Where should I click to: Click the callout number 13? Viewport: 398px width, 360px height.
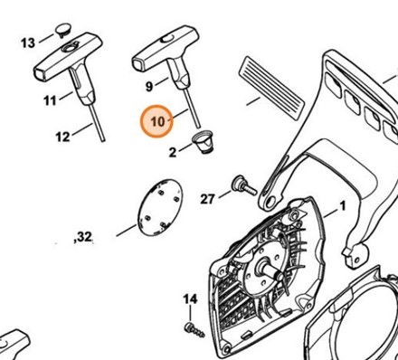pos(28,43)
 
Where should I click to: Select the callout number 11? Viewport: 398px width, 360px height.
pos(50,100)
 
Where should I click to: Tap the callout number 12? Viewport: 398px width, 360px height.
pos(62,137)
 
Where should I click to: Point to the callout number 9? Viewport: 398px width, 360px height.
pos(149,87)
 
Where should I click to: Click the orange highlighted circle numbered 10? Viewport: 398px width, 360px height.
pos(157,121)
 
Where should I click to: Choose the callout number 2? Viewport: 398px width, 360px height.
pos(172,152)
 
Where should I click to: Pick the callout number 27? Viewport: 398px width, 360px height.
pos(207,199)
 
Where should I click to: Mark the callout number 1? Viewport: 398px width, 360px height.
pos(342,206)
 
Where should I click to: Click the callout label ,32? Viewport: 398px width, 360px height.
pos(83,237)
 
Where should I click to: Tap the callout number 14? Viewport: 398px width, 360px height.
pos(190,299)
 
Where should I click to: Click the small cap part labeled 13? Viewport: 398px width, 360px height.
pos(63,31)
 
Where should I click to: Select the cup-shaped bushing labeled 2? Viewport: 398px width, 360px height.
pos(203,142)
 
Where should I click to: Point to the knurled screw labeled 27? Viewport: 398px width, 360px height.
pos(244,185)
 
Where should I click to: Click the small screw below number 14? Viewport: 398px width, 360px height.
pos(194,329)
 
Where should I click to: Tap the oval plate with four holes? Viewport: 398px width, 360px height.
pos(160,207)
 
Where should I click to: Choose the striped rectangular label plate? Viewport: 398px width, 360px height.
pos(271,88)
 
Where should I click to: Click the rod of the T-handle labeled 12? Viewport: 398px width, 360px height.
pos(97,123)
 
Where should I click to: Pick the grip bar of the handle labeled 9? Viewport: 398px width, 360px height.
pos(166,48)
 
